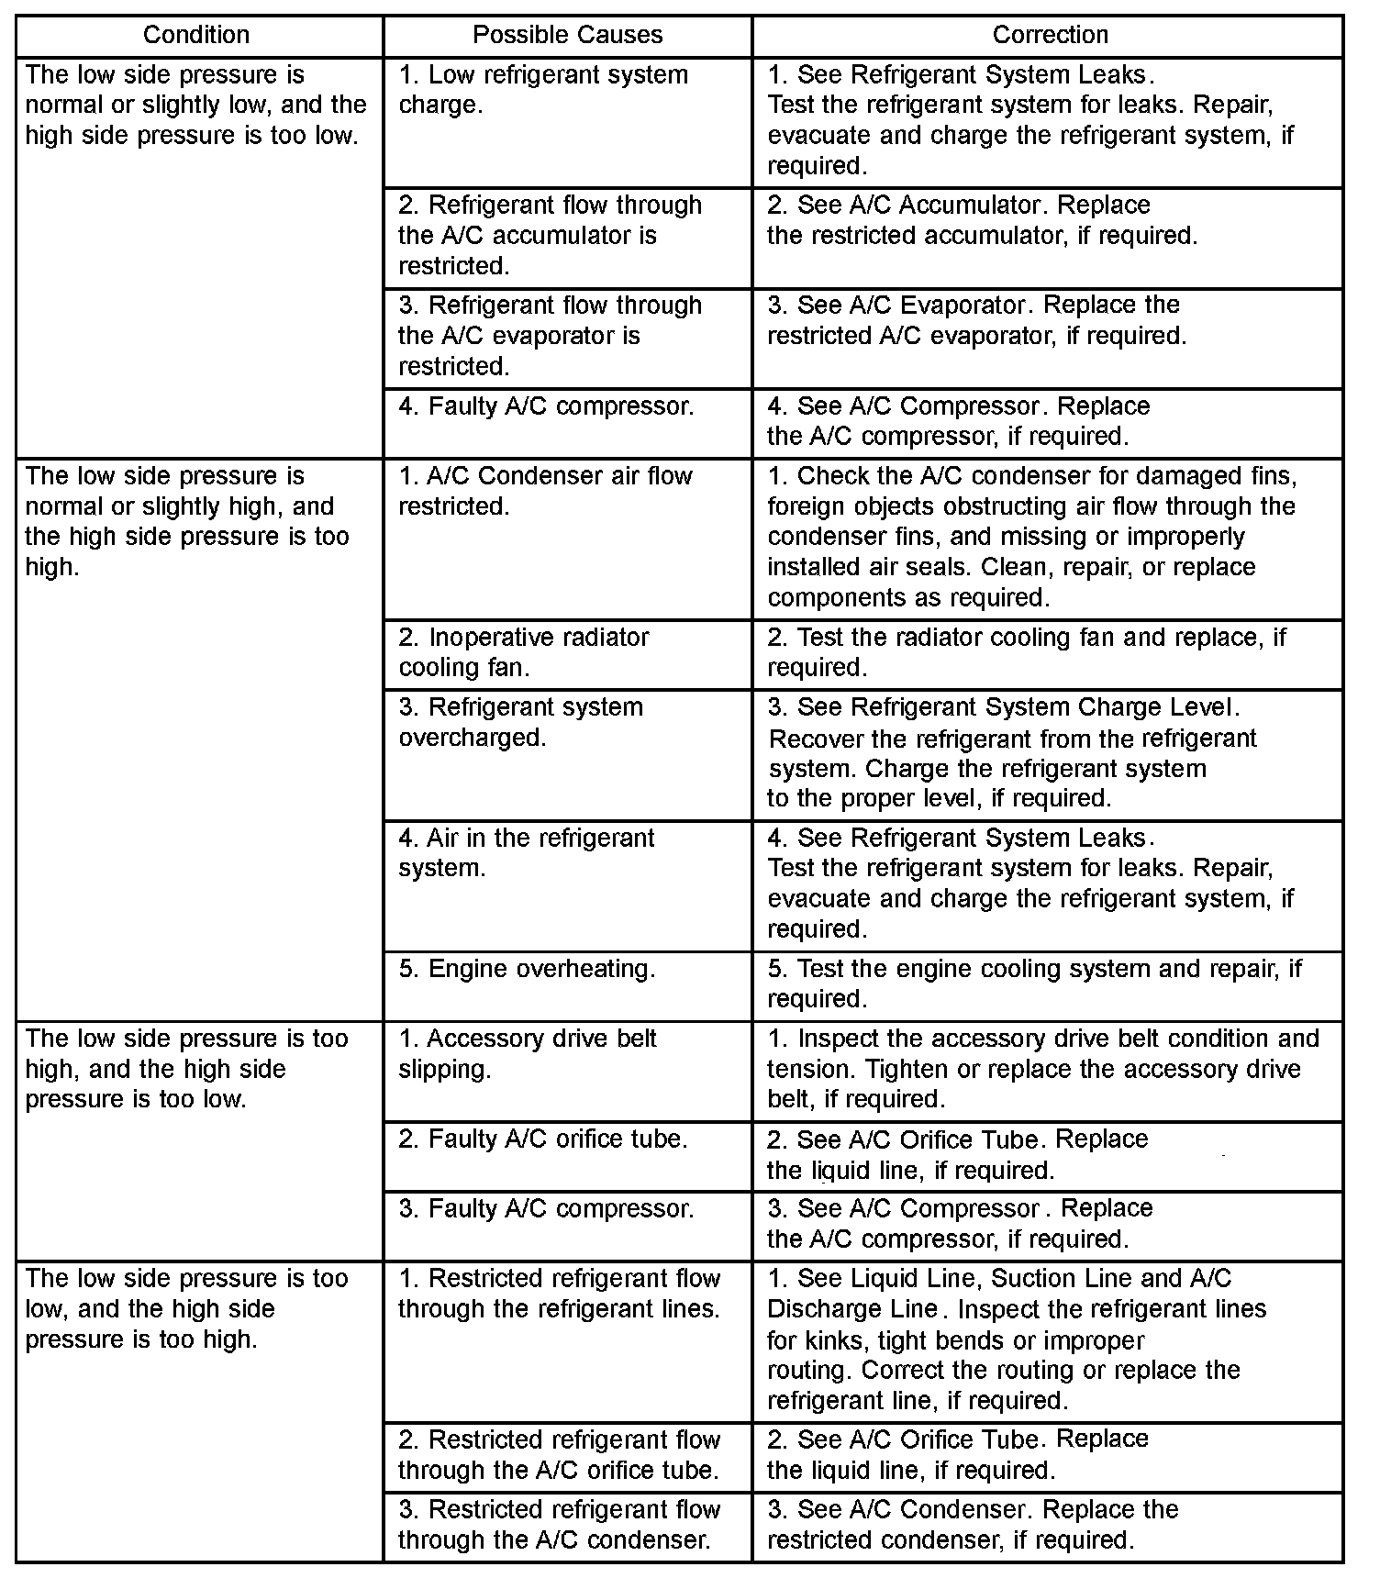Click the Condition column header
tap(196, 35)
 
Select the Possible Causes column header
tap(567, 35)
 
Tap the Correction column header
tap(1050, 35)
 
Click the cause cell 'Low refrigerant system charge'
tap(543, 90)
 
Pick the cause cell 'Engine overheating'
tap(527, 969)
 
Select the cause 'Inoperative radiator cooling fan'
tap(524, 652)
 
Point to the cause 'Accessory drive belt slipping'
tap(528, 1053)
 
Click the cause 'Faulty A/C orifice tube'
tap(542, 1139)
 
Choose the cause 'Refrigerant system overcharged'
tap(520, 722)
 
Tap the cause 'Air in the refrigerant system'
tap(526, 852)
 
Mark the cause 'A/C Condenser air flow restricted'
tap(545, 491)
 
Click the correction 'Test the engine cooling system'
tap(1034, 983)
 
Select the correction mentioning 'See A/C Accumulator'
tap(982, 220)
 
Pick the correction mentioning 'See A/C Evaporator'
tap(976, 320)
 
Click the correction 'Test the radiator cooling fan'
tap(1027, 652)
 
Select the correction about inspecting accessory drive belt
tap(1043, 1069)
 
